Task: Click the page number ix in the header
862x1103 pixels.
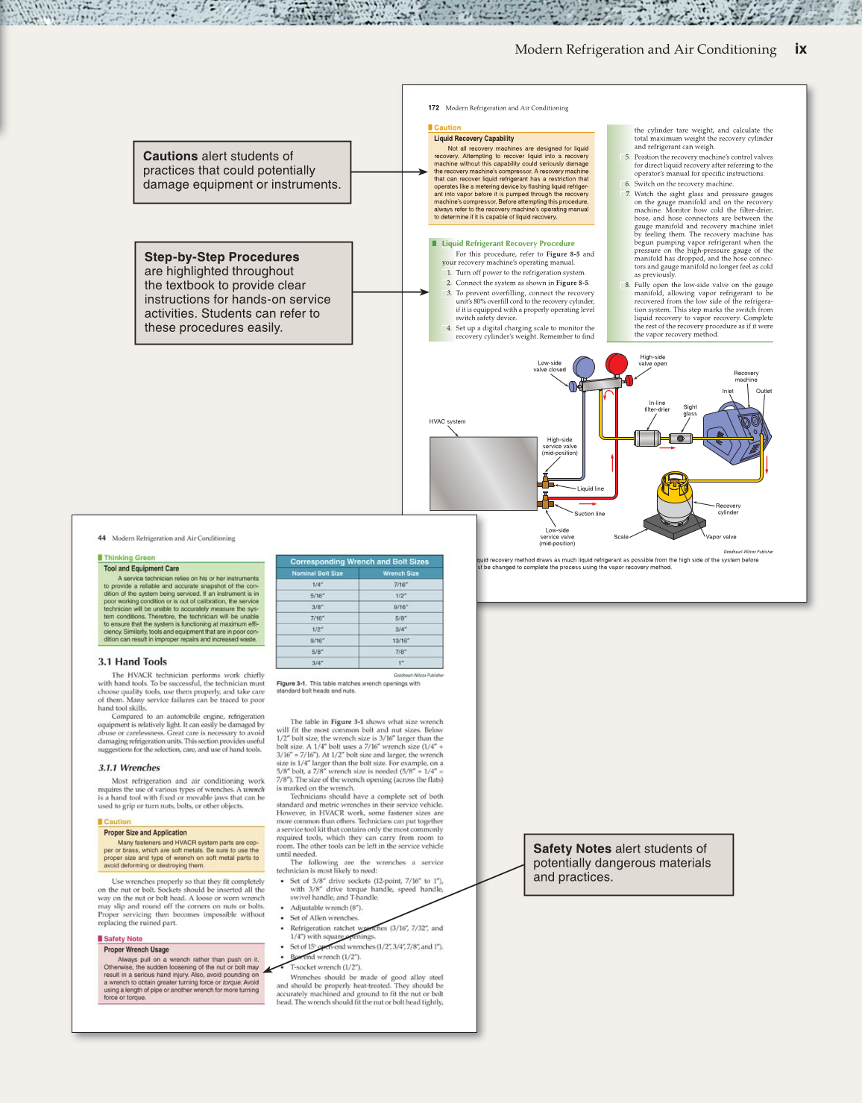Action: [x=800, y=49]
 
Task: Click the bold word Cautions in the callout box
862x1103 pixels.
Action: [x=170, y=156]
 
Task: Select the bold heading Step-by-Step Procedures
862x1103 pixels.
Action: [x=221, y=257]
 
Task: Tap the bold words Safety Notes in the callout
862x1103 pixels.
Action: [x=572, y=849]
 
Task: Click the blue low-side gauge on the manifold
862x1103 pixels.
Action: [x=584, y=367]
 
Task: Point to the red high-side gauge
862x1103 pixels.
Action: [x=617, y=365]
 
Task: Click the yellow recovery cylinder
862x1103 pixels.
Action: [x=674, y=495]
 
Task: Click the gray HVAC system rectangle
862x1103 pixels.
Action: [x=483, y=473]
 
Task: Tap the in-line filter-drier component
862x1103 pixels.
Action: [x=647, y=439]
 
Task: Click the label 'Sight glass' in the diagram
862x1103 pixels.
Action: [x=690, y=410]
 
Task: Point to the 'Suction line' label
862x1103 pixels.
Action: [x=589, y=514]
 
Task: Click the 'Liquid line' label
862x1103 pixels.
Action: [x=590, y=489]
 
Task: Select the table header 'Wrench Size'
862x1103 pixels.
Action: [x=400, y=574]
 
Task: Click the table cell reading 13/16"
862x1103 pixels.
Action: [x=400, y=641]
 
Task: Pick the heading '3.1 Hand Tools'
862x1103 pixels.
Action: [x=132, y=662]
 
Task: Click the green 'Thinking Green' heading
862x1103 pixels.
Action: [x=129, y=558]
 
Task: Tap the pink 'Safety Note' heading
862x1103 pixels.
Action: [x=123, y=939]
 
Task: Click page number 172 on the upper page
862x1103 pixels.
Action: [x=433, y=108]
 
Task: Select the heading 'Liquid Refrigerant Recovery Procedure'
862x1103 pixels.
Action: [x=508, y=243]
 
